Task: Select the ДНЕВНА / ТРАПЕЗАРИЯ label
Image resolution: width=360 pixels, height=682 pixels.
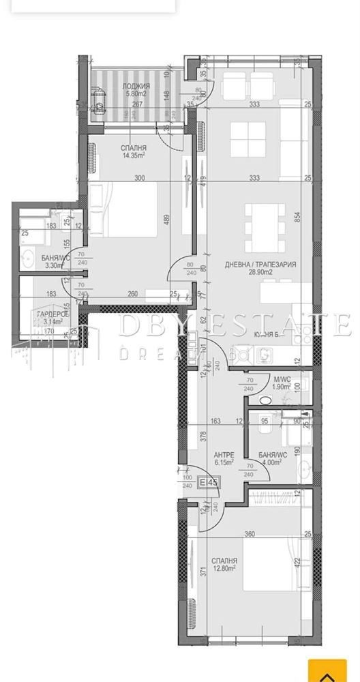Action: tap(260, 264)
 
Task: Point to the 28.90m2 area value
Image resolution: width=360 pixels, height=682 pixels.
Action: tap(260, 272)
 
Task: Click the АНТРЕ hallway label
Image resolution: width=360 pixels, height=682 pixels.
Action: tap(224, 454)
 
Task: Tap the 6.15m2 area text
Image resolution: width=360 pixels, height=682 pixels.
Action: tap(224, 462)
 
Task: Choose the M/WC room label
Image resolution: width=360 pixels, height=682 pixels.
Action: tap(282, 379)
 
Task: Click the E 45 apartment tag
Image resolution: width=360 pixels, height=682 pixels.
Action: tap(208, 483)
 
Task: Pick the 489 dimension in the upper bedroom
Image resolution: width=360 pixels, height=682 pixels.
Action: tap(168, 220)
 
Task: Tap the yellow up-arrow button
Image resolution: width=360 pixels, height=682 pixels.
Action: tap(327, 671)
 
